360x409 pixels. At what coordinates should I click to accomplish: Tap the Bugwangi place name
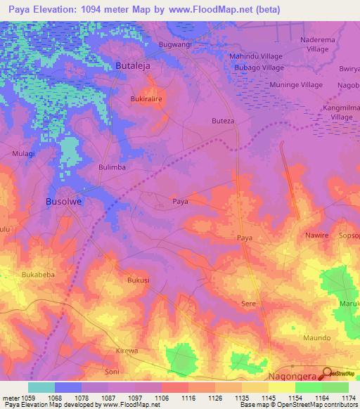(175, 44)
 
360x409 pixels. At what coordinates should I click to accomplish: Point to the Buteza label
(223, 121)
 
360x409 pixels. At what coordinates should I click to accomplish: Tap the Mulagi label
(23, 152)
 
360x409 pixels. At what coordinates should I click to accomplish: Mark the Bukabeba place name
(38, 275)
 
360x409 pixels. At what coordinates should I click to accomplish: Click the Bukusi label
(138, 280)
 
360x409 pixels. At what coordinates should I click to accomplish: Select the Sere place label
(248, 304)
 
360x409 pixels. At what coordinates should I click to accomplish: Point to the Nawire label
(316, 235)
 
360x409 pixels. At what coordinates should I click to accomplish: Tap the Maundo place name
(316, 338)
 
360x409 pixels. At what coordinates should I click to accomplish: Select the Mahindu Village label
(256, 56)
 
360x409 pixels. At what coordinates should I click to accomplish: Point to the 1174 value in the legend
(348, 398)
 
